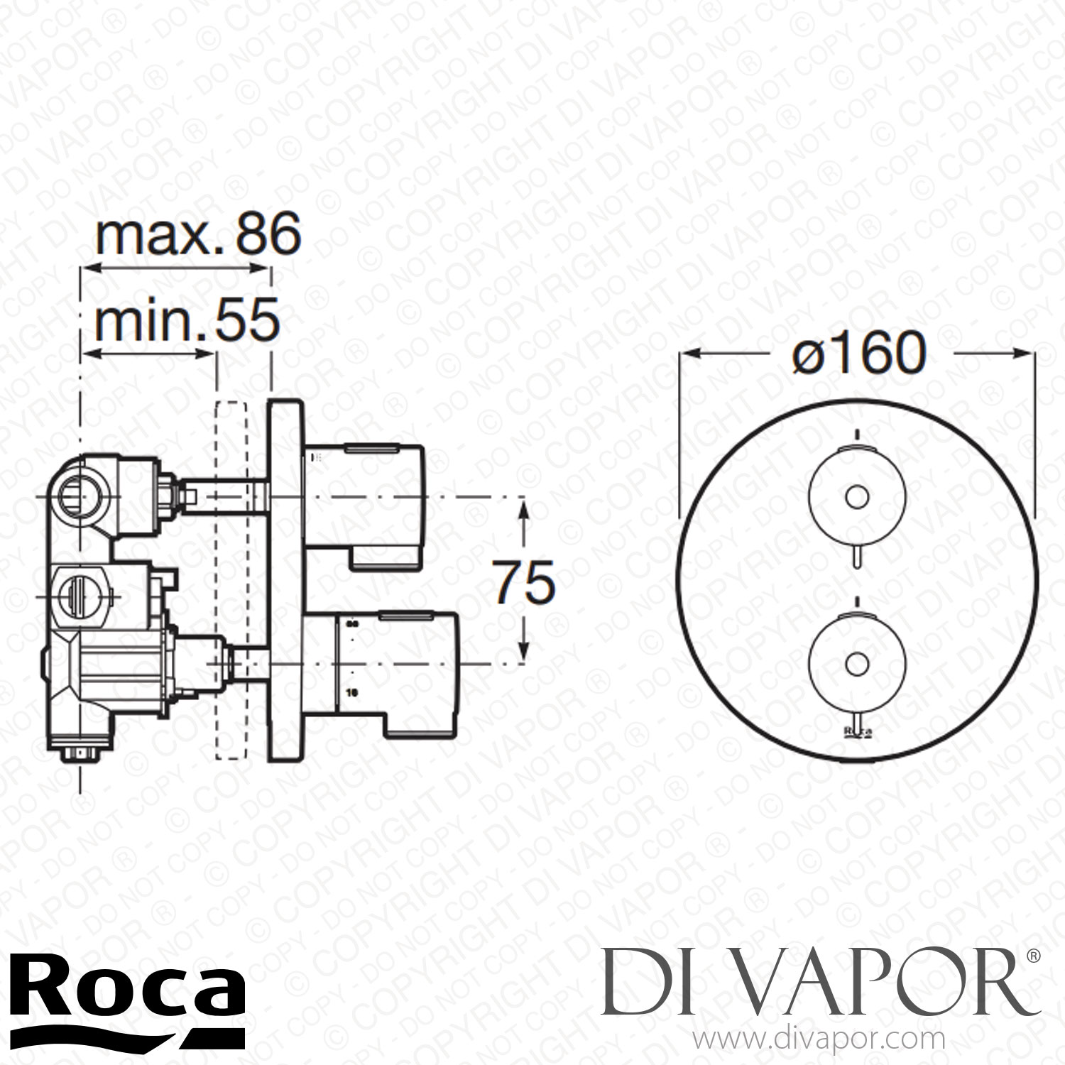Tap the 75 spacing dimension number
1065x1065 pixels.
pos(525,581)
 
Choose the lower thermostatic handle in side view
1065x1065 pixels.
pos(383,664)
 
